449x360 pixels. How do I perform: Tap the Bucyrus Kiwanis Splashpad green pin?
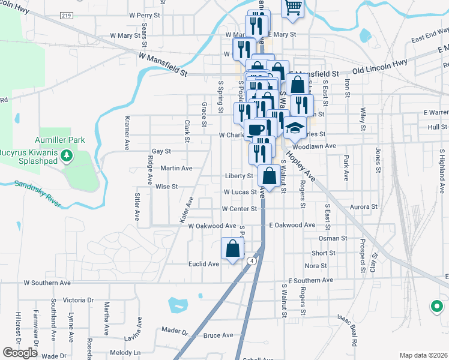pyautogui.click(x=67, y=157)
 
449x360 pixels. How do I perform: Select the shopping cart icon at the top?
pyautogui.click(x=293, y=7)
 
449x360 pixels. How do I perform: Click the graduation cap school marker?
pyautogui.click(x=295, y=127)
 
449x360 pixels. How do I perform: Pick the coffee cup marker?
pyautogui.click(x=255, y=130)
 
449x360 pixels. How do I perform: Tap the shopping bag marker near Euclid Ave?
pyautogui.click(x=232, y=248)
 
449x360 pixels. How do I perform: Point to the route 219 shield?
pyautogui.click(x=67, y=16)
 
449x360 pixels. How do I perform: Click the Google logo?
pyautogui.click(x=20, y=353)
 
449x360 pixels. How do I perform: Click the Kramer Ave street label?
pyautogui.click(x=127, y=133)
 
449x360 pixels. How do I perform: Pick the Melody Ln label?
pyautogui.click(x=125, y=352)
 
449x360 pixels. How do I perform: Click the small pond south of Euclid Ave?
pyautogui.click(x=178, y=306)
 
